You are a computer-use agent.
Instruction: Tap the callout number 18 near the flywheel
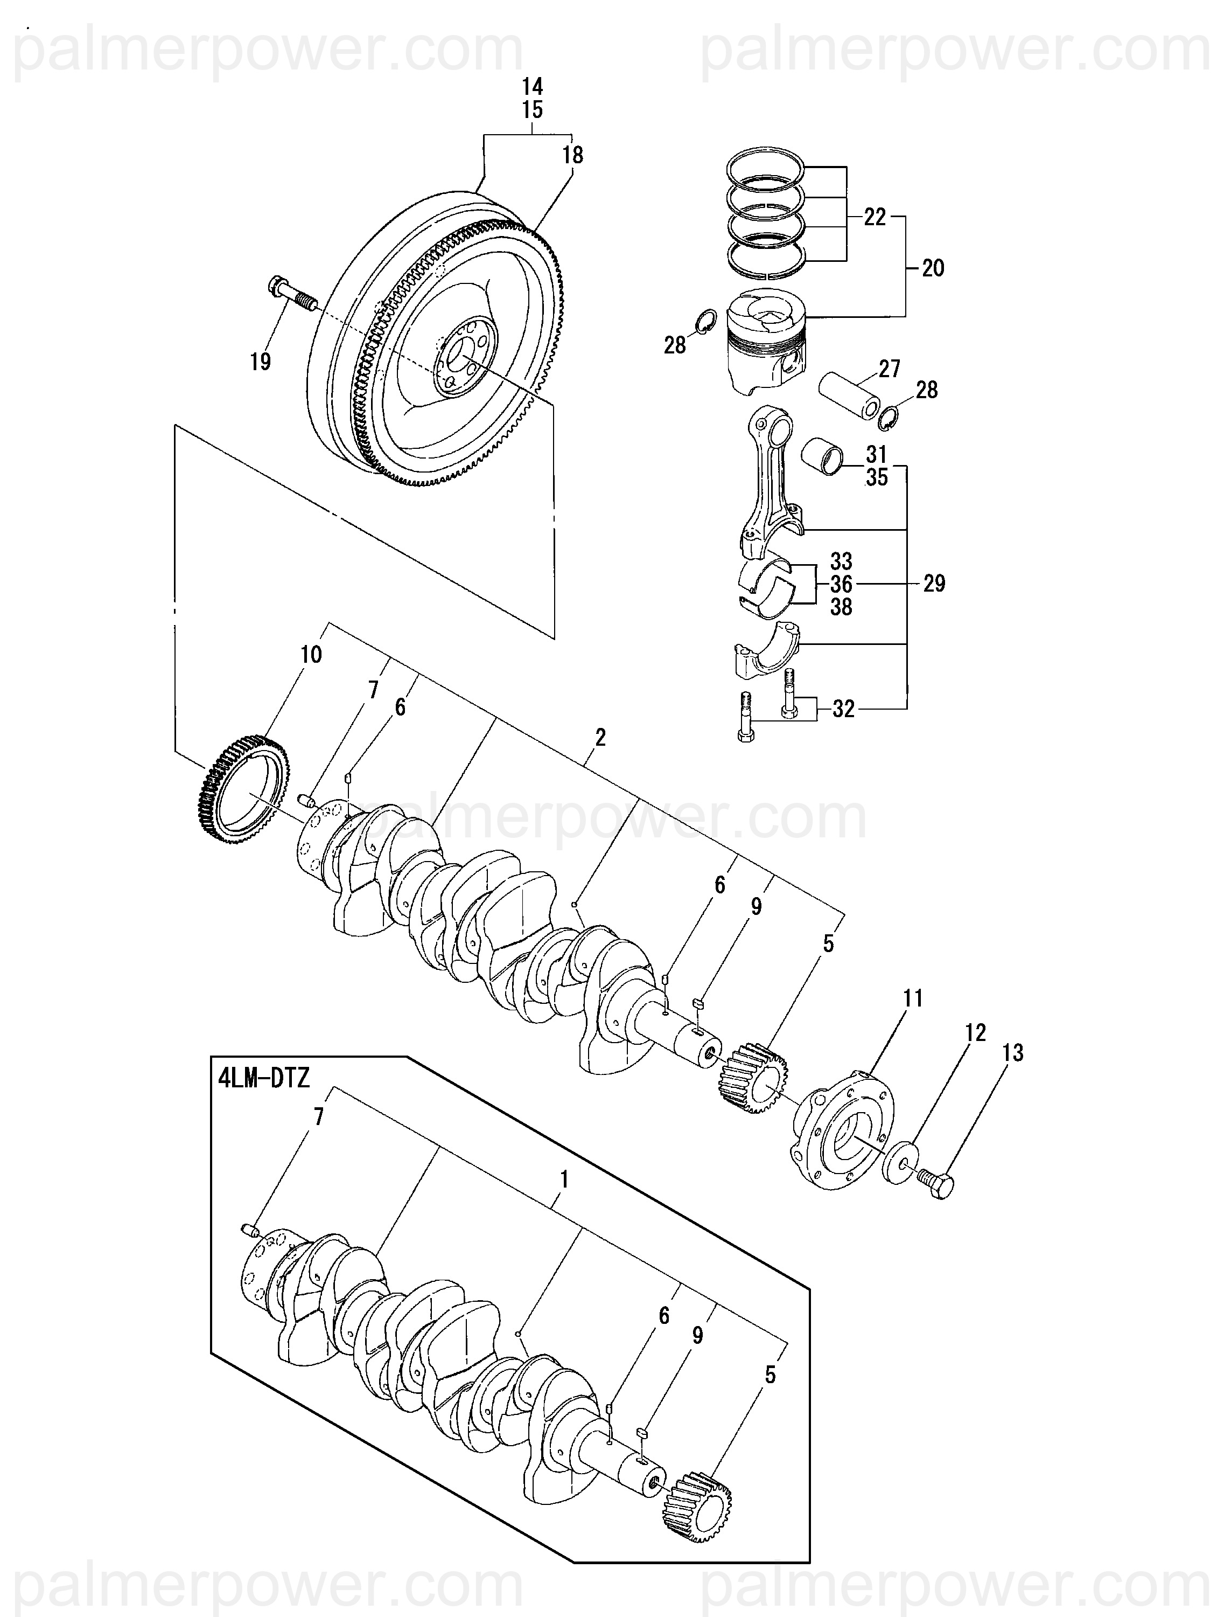[x=573, y=155]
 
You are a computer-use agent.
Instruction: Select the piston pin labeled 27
[x=849, y=397]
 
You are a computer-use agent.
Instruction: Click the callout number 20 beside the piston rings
[x=933, y=268]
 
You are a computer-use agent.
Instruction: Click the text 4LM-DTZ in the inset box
[x=264, y=1078]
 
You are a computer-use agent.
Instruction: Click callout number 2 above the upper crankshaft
[x=600, y=737]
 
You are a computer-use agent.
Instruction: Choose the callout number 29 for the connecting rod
[x=934, y=584]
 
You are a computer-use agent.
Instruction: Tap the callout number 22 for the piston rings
[x=875, y=217]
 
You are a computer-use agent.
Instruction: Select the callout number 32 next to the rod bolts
[x=843, y=709]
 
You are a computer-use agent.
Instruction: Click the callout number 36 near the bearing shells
[x=842, y=584]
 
